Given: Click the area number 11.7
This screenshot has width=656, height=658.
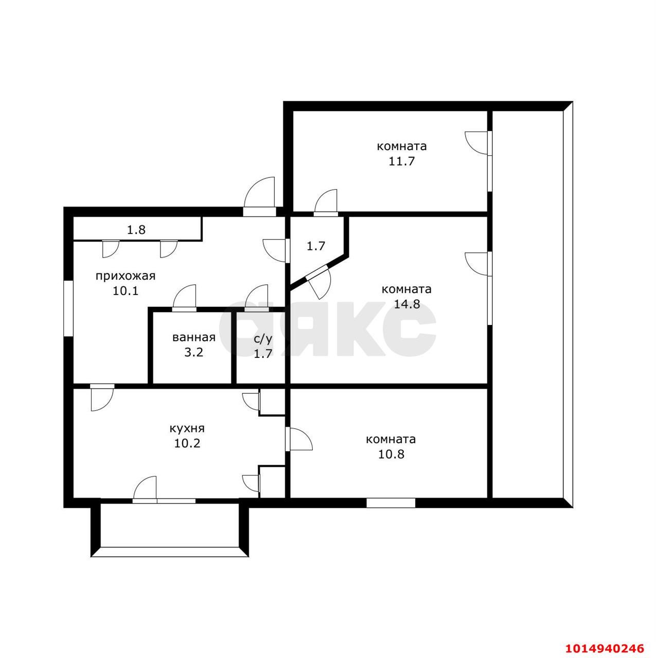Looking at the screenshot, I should (x=402, y=161).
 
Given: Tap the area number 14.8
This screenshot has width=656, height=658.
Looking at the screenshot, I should (x=406, y=304).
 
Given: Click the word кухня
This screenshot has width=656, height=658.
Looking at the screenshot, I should (x=187, y=428).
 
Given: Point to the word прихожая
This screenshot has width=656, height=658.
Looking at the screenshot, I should (x=126, y=276).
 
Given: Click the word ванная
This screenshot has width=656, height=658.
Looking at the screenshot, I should (x=193, y=338).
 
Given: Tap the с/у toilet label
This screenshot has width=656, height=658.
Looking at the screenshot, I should (x=263, y=339).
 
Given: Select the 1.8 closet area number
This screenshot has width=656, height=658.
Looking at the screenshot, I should (x=136, y=230).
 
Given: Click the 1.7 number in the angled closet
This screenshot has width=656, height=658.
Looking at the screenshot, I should (x=316, y=246).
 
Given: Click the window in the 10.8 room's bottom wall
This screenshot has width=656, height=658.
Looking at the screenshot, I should (x=391, y=502).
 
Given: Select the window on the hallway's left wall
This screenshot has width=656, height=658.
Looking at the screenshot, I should (x=68, y=308).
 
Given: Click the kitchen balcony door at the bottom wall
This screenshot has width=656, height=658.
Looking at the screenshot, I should (x=146, y=489).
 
